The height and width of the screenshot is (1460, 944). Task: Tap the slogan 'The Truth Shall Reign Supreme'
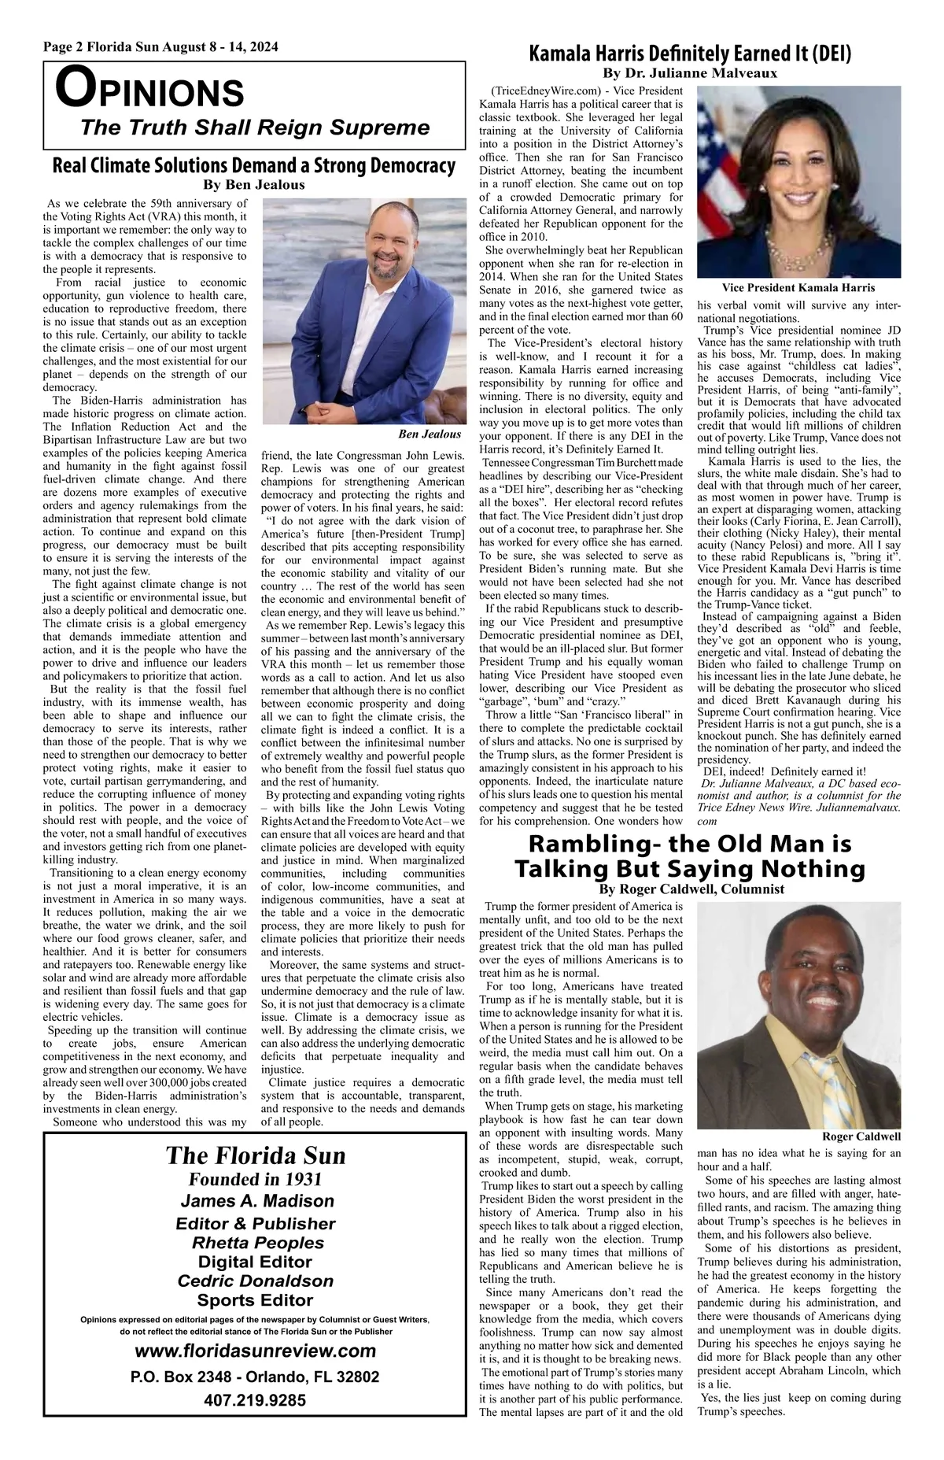(x=255, y=128)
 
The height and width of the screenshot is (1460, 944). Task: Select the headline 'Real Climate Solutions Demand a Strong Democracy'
(x=253, y=166)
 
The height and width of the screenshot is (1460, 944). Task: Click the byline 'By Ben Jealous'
(x=253, y=186)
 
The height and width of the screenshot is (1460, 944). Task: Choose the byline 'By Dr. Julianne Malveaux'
(x=690, y=73)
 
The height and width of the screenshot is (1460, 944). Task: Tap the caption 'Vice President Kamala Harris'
(x=798, y=288)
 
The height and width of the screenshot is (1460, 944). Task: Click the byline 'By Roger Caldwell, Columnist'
(x=691, y=889)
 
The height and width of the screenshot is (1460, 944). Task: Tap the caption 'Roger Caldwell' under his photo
(x=861, y=1137)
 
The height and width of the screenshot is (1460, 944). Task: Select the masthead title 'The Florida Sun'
(x=256, y=1155)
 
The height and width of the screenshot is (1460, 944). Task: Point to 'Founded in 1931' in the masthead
(x=255, y=1179)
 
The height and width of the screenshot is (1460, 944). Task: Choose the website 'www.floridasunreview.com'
(x=256, y=1351)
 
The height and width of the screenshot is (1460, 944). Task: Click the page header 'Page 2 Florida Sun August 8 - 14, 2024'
(x=160, y=47)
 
